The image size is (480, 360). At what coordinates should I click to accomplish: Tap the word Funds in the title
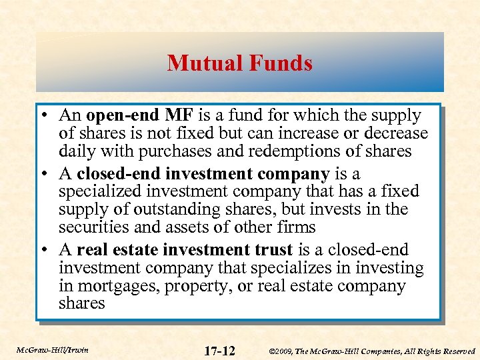tap(280, 63)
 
